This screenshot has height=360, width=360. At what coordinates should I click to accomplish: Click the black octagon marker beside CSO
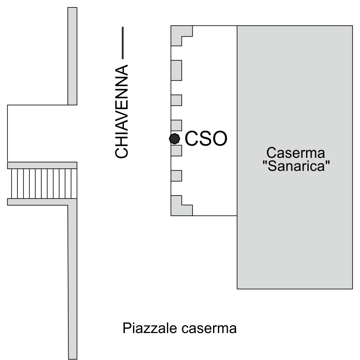[174, 139]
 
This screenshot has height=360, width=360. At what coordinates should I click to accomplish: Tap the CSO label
[206, 138]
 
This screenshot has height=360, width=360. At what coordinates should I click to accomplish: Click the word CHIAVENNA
[121, 111]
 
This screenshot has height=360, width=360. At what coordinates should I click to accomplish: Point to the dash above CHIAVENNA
[123, 43]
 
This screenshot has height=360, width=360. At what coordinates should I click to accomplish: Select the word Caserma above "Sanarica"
[296, 153]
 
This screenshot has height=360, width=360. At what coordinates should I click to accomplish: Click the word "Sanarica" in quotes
[296, 166]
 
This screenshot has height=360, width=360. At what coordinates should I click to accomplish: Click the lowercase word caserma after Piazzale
[209, 329]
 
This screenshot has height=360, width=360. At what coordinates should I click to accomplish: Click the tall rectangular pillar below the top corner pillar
[177, 70]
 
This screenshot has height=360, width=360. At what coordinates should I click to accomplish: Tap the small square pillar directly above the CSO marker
[177, 125]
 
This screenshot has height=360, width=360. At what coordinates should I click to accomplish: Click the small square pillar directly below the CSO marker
[177, 150]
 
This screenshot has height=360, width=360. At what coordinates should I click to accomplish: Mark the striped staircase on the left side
[44, 183]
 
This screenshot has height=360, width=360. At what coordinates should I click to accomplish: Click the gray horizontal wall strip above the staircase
[42, 165]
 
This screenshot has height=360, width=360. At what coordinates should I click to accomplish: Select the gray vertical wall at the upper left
[72, 56]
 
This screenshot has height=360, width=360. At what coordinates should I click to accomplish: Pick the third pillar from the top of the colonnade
[177, 100]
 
